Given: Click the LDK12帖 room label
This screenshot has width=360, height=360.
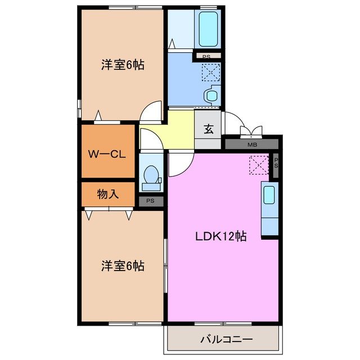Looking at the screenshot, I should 220,236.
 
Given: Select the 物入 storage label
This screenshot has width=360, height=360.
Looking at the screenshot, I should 108,195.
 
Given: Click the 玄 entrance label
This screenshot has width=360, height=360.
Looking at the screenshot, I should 208,129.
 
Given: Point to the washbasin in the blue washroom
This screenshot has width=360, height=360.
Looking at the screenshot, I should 212,96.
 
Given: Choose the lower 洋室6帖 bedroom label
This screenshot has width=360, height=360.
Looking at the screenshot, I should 122,265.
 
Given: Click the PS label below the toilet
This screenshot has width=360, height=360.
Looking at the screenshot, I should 150,201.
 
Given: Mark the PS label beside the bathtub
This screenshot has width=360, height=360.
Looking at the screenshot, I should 206,56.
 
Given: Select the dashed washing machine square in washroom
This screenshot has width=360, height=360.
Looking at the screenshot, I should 211,72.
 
